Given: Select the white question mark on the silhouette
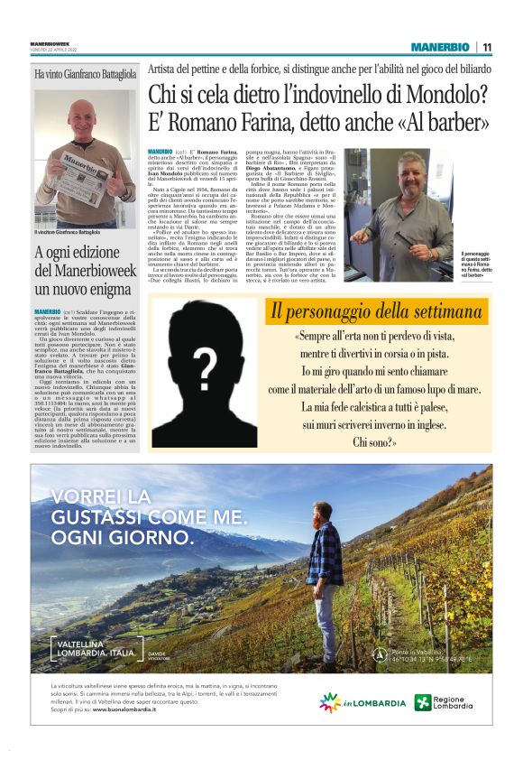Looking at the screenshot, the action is point(206,366).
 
